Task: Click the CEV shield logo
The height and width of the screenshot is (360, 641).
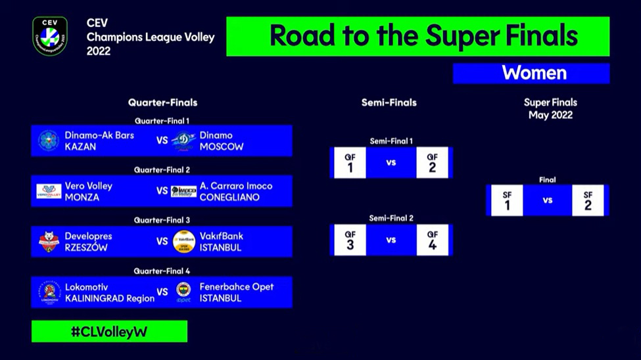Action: click(50, 36)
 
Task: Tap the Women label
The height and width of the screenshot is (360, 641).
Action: click(534, 73)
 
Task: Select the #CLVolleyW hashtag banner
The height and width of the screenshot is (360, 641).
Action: click(109, 331)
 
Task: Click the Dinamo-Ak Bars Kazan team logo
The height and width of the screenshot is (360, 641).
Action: click(49, 141)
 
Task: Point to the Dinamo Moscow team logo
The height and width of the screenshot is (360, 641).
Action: click(183, 141)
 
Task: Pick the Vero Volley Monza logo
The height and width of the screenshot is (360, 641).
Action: click(49, 191)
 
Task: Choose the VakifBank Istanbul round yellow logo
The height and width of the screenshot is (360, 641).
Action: click(184, 242)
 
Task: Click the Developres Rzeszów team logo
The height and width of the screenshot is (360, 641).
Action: click(49, 242)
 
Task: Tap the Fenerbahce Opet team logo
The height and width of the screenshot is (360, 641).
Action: click(183, 292)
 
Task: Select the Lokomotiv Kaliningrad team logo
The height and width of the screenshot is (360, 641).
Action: click(49, 292)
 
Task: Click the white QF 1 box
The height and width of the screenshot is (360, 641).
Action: click(350, 163)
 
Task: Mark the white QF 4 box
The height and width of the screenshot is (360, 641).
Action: click(432, 240)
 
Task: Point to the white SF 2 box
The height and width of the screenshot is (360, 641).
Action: click(588, 200)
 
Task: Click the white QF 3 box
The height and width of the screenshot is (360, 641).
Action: click(350, 240)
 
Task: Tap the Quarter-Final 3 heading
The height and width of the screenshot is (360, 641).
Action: click(162, 220)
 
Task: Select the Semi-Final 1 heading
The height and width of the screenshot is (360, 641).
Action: click(391, 141)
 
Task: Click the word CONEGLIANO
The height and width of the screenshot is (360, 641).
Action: click(229, 197)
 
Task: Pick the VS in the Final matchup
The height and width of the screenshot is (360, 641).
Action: click(548, 200)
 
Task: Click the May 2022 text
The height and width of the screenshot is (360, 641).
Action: click(550, 115)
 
